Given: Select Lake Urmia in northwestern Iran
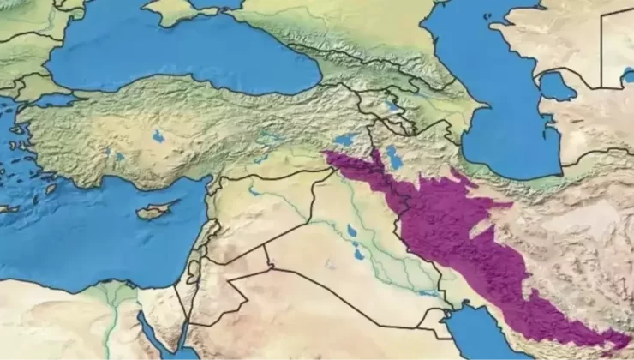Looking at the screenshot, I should (x=394, y=158).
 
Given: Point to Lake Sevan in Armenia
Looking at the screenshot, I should (x=392, y=107).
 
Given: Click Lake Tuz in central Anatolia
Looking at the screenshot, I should (x=158, y=135).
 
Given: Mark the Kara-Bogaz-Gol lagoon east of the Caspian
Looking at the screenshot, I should (x=557, y=86).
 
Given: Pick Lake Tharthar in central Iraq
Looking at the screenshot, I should (x=351, y=231).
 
